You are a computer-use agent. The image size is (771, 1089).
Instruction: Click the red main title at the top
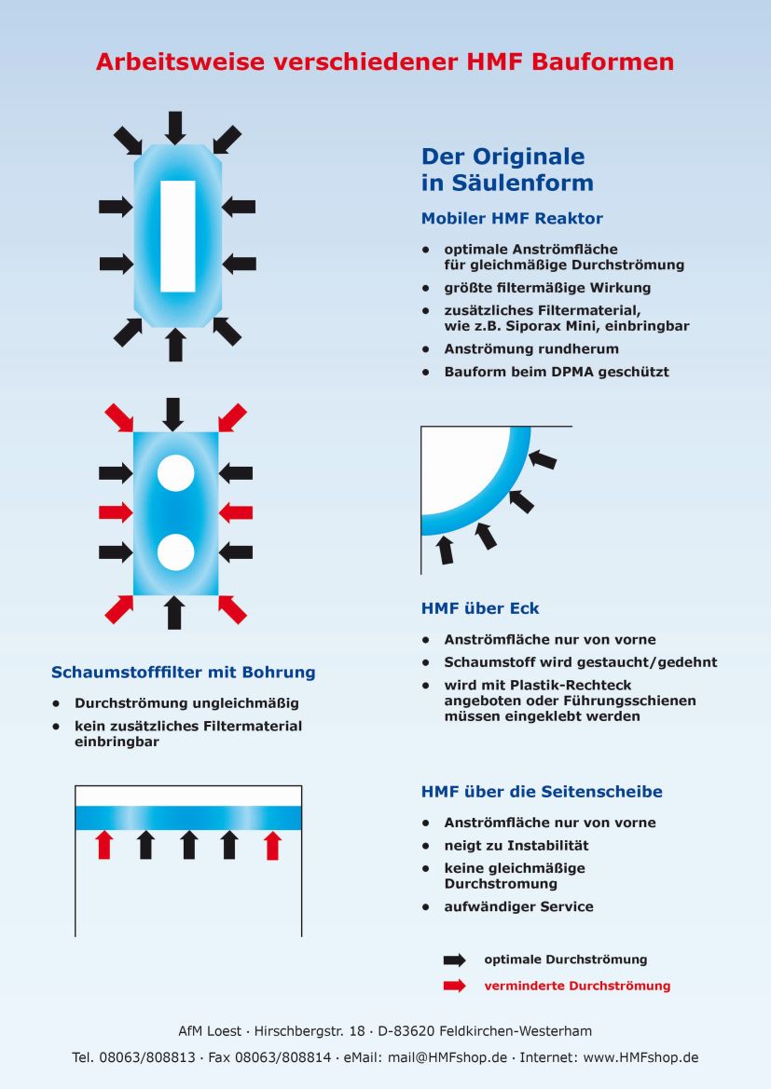click(x=385, y=62)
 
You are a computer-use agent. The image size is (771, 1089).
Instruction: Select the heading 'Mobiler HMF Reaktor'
click(x=512, y=219)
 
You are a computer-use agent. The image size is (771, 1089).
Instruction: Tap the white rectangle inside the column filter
click(x=177, y=236)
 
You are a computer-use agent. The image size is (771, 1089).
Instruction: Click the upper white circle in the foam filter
click(x=175, y=473)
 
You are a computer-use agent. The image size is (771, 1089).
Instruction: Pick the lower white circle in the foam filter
click(x=175, y=552)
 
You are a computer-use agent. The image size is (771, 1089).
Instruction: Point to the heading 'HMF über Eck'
click(x=480, y=609)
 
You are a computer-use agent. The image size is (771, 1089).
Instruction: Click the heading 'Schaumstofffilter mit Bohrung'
click(x=183, y=673)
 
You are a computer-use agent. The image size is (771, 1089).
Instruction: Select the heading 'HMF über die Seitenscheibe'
click(x=542, y=792)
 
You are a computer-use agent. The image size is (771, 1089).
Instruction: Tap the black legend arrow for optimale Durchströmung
click(x=454, y=960)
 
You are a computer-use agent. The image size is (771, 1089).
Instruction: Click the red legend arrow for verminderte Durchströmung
click(x=454, y=986)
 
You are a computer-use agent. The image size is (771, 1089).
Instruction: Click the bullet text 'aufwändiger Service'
click(x=518, y=906)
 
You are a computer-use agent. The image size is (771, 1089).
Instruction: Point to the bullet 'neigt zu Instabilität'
click(x=516, y=846)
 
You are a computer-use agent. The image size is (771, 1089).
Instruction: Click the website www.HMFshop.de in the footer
click(x=640, y=1057)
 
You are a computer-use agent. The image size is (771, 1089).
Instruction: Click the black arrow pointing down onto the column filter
click(x=175, y=127)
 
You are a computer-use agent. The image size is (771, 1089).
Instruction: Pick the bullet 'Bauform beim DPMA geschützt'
click(x=557, y=372)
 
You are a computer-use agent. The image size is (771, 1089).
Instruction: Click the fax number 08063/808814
click(x=282, y=1057)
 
